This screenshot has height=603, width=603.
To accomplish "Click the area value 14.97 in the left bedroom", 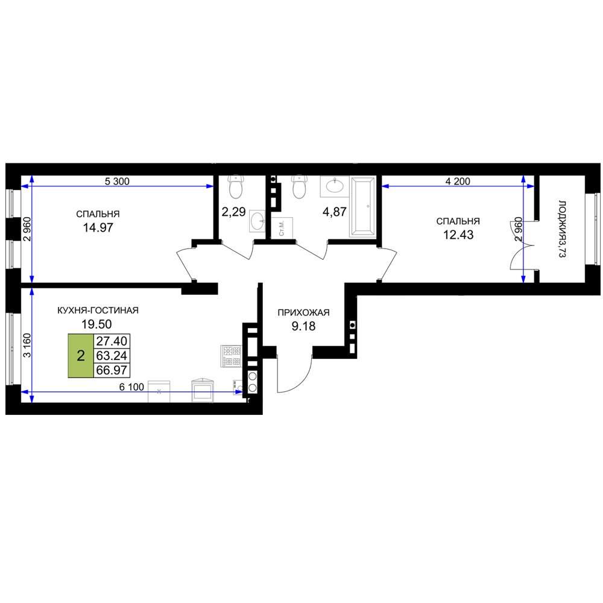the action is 98,227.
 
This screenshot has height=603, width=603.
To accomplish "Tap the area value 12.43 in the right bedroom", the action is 458,235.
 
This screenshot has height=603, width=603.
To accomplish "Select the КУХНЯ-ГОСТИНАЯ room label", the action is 98,311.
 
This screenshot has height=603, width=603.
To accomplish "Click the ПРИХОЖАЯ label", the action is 303,312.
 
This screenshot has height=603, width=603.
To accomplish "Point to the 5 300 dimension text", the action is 118,181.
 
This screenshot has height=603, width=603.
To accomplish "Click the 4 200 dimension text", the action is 458,181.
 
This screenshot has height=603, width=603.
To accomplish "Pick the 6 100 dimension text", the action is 131,387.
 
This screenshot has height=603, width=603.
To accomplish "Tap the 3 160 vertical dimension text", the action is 27,345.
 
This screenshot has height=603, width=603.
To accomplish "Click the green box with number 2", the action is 81,356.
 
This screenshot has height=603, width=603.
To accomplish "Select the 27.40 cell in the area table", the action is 112,341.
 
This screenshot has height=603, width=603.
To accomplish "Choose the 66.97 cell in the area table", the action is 112,370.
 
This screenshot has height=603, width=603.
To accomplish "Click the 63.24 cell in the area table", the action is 112,355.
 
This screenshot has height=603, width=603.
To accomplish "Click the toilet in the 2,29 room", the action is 235,186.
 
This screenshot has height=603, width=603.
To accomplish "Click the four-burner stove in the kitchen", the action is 231,355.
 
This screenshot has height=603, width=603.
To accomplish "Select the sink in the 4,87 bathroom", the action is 335,186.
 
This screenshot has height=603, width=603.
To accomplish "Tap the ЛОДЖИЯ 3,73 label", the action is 562,229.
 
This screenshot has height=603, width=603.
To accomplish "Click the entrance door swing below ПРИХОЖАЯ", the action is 294,373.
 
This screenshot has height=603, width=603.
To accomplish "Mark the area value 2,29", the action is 233,212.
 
